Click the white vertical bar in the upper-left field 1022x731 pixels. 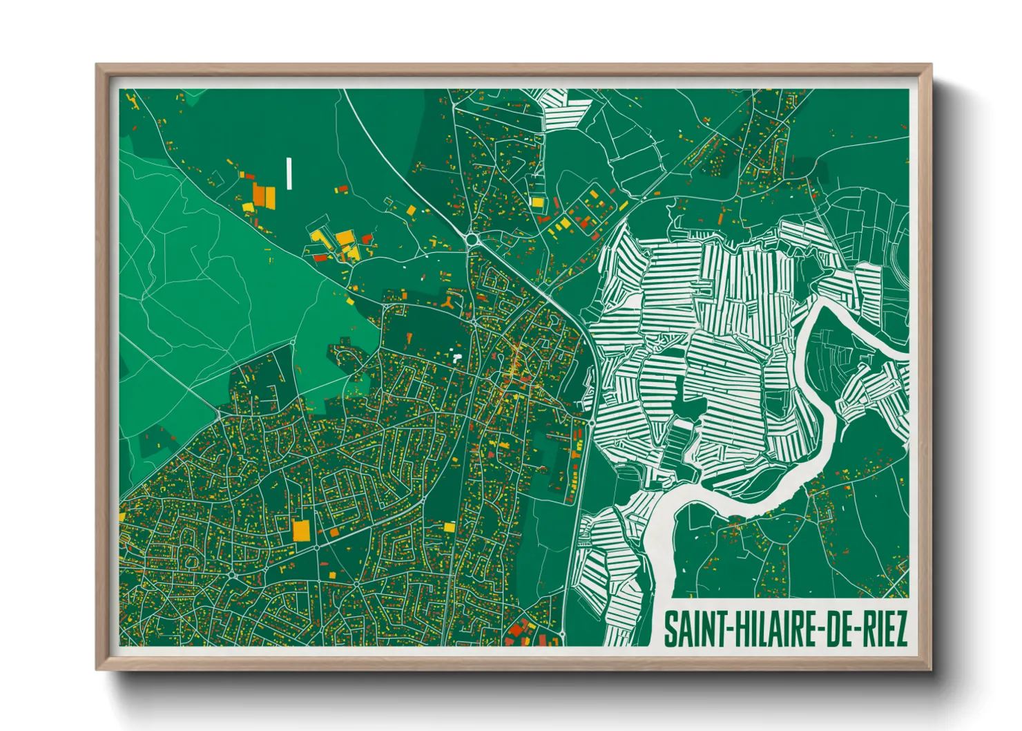coord(289,173)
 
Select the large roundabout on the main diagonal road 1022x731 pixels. coord(473,240)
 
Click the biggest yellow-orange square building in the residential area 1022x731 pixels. coord(301,530)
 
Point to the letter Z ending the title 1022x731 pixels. coord(900,629)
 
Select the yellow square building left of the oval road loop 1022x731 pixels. coord(122,516)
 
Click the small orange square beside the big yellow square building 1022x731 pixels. coord(334,531)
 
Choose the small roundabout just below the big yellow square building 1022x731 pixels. coord(317,547)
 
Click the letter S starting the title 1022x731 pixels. coord(671,629)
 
